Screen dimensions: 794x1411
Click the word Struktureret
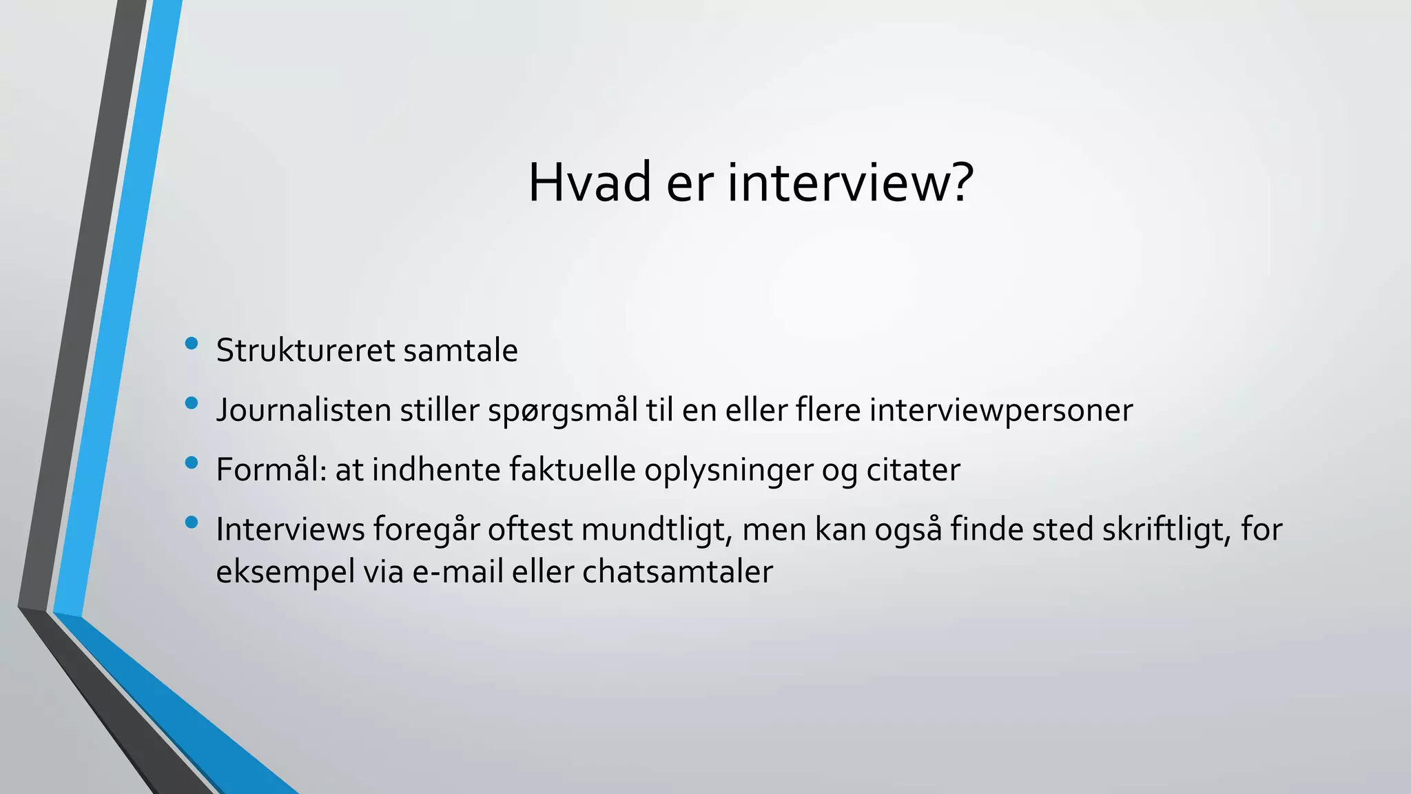tap(306, 350)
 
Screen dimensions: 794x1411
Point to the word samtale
tap(460, 350)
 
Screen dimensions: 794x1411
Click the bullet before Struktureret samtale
tap(192, 343)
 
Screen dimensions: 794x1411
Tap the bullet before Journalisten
tap(192, 403)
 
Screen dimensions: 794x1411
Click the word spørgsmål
tap(563, 411)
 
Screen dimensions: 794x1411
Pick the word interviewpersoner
tap(1000, 411)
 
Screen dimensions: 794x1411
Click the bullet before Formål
tap(192, 462)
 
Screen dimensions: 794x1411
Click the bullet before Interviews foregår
tap(192, 522)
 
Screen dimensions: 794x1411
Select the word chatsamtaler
tap(677, 572)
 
